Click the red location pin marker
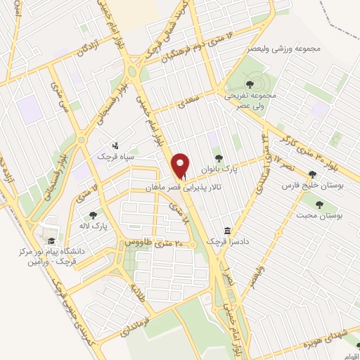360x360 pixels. pos(181,166)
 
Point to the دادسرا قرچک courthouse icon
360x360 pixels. pos(227,231)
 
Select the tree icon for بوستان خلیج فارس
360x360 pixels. pos(312,174)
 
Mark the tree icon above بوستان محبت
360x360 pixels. pos(320,205)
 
